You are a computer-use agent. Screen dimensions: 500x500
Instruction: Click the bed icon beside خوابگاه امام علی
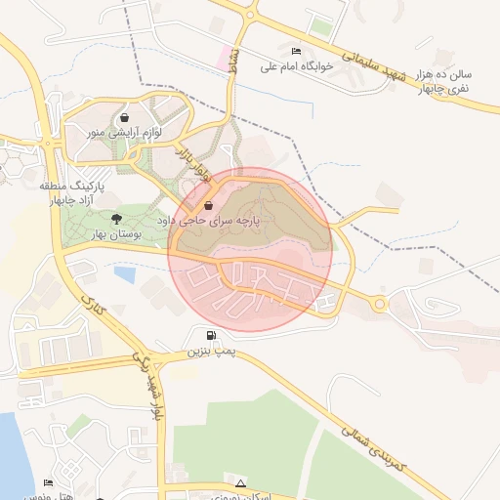(x=297, y=51)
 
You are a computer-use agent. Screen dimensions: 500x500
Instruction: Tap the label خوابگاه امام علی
(x=297, y=66)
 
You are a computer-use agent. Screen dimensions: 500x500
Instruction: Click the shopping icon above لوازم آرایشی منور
(x=123, y=117)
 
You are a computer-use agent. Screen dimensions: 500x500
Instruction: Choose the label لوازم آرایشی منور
(x=124, y=132)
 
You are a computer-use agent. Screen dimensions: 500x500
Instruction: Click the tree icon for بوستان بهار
(x=117, y=219)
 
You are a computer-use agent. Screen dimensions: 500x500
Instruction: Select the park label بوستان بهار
(x=118, y=234)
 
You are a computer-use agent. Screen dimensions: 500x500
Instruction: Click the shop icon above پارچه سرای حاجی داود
(x=209, y=206)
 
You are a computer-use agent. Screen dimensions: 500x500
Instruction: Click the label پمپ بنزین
(x=199, y=351)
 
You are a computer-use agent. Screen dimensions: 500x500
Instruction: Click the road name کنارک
(x=97, y=309)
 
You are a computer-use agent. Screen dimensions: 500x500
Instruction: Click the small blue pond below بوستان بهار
(x=124, y=274)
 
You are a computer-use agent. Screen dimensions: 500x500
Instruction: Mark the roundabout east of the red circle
(x=379, y=304)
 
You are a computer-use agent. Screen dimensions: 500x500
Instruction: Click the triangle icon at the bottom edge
(x=240, y=482)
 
